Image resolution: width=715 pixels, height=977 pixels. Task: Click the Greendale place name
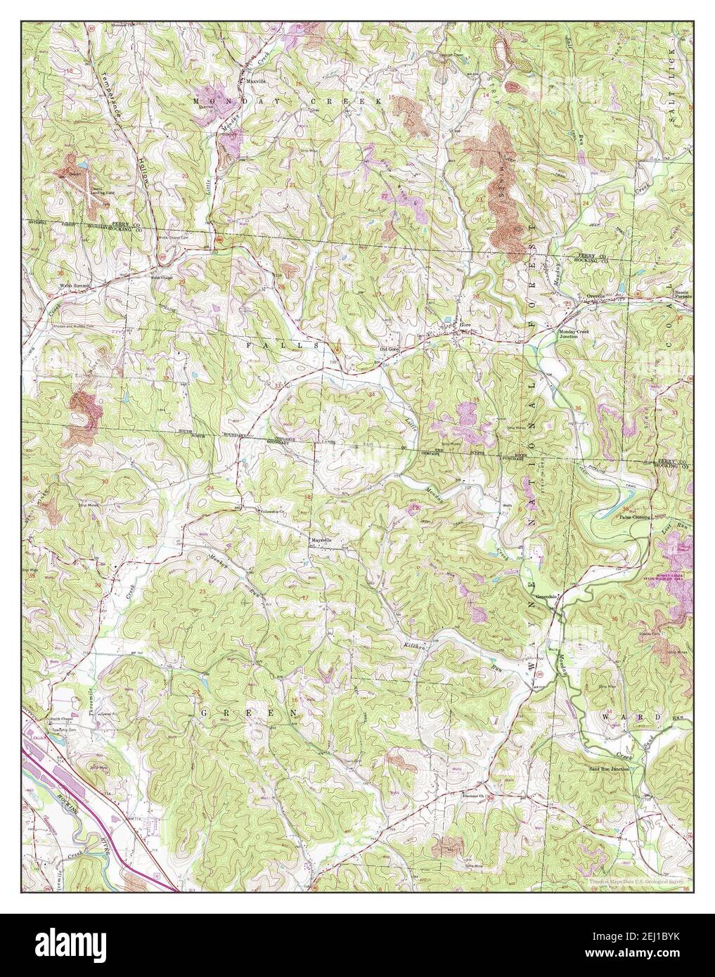coord(547,596)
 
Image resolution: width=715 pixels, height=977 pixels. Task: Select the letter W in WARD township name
coord(606,716)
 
